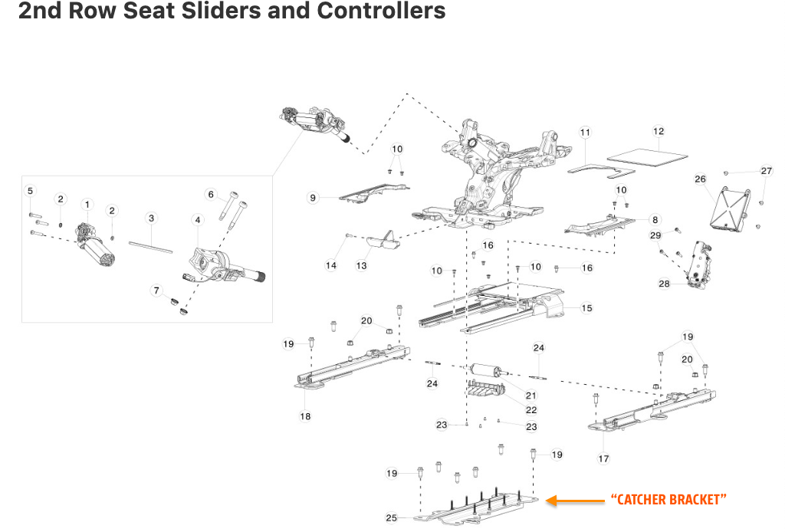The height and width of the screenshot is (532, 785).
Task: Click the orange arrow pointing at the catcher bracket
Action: tap(576, 501)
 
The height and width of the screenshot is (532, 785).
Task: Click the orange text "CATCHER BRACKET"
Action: tap(667, 500)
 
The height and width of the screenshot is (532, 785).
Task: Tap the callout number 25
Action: tap(391, 518)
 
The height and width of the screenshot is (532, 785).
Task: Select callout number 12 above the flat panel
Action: tap(658, 131)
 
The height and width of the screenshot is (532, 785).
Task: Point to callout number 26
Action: tap(700, 179)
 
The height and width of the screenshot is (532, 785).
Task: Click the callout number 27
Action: tap(767, 171)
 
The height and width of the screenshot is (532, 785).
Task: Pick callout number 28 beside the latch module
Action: tap(664, 284)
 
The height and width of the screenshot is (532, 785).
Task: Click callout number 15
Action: tap(586, 308)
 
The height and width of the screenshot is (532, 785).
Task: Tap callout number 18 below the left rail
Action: tap(305, 416)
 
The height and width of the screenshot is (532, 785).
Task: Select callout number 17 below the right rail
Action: tap(603, 458)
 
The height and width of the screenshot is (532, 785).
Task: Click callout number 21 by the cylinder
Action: tap(531, 396)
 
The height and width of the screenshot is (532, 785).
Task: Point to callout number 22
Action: tap(531, 410)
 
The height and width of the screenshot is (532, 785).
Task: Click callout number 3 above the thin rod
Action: tap(151, 218)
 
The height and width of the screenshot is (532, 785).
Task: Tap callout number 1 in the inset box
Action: tap(87, 205)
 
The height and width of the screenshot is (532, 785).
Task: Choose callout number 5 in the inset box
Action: tap(31, 190)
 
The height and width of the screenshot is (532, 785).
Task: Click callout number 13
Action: tap(361, 265)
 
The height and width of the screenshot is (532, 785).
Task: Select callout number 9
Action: tap(313, 198)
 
